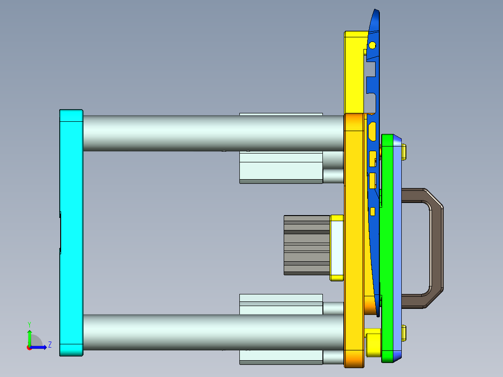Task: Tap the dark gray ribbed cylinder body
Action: click(307, 245)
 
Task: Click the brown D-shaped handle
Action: click(436, 247)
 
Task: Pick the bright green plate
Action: click(386, 247)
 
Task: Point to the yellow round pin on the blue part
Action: click(372, 45)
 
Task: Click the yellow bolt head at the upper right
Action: click(404, 152)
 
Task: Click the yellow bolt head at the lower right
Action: click(404, 332)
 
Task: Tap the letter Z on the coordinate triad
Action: click(49, 345)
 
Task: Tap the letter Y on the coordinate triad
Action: click(29, 324)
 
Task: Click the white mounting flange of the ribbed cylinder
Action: click(337, 247)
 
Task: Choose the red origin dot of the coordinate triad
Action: click(29, 348)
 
